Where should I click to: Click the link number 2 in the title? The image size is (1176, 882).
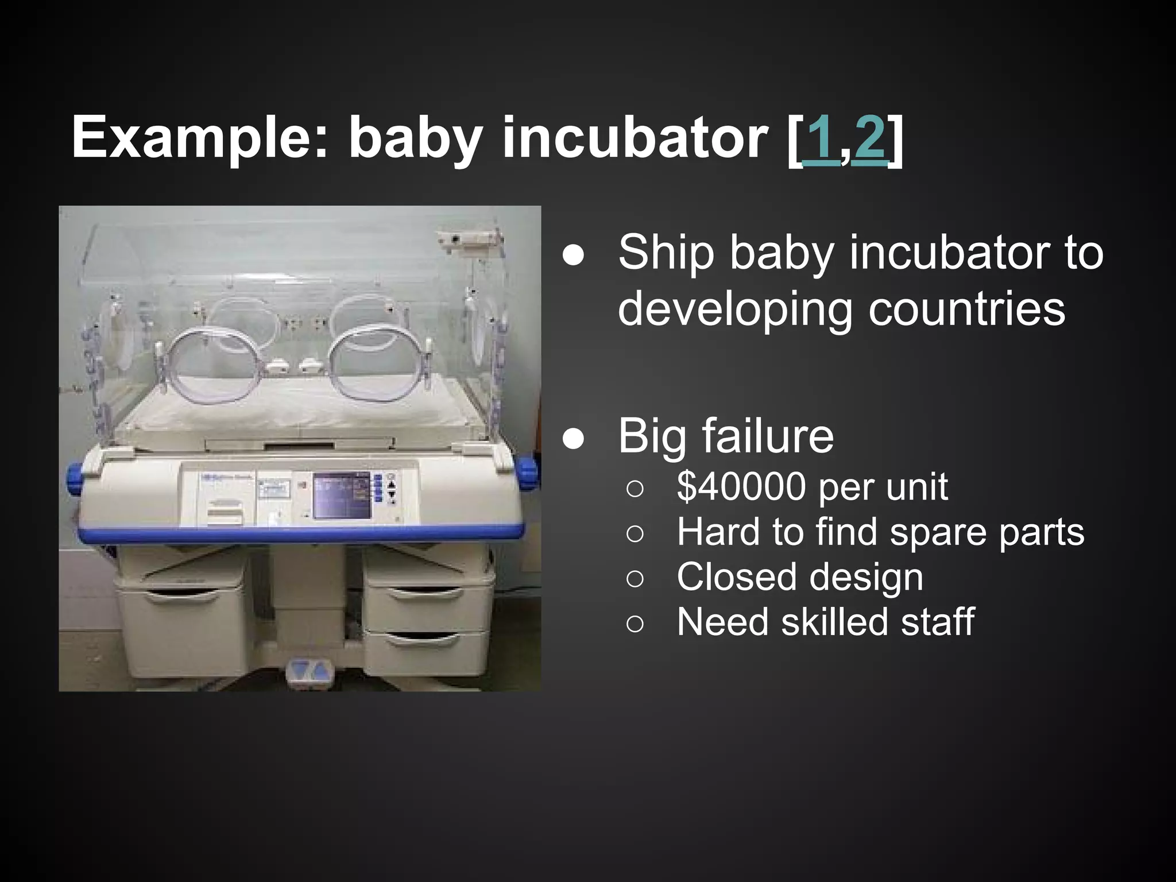tap(868, 140)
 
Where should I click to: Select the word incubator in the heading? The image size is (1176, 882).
tap(634, 140)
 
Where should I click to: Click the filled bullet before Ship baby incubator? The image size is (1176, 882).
tap(574, 256)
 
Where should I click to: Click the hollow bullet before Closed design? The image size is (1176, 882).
tap(635, 579)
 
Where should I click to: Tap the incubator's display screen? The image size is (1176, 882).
tap(341, 494)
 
